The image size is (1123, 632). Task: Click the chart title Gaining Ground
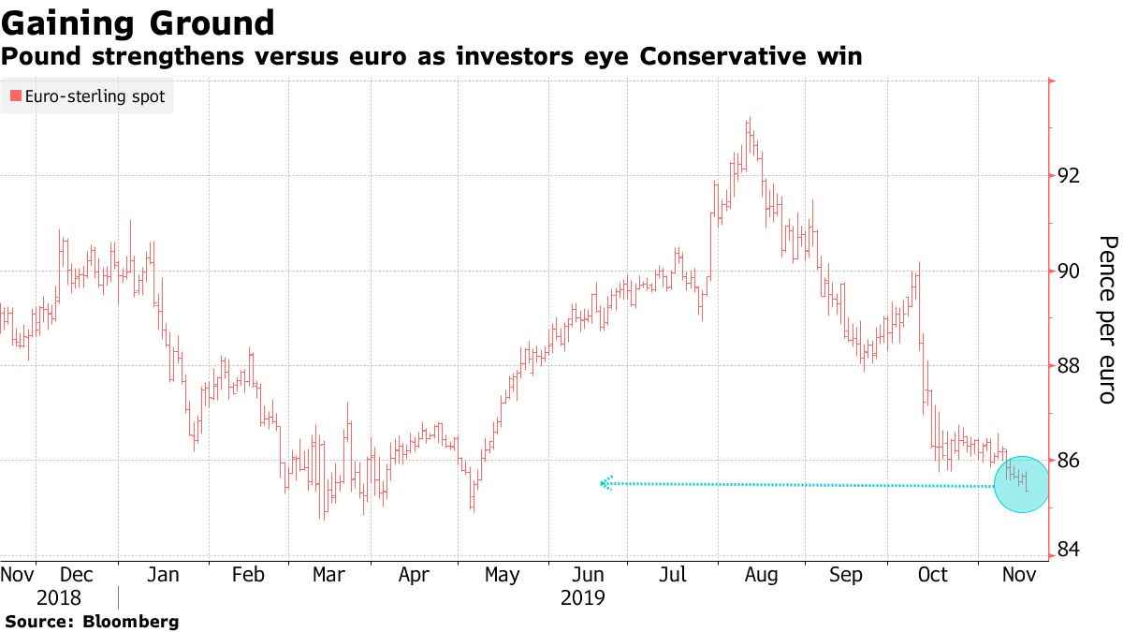tap(138, 22)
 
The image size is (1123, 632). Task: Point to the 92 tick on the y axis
tap(1070, 175)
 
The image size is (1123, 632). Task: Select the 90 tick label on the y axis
tap(1070, 272)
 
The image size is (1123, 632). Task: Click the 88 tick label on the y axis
tap(1070, 365)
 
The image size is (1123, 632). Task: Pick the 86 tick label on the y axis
tap(1070, 461)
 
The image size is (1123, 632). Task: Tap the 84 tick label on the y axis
tap(1070, 548)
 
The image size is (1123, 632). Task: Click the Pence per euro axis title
tap(1107, 319)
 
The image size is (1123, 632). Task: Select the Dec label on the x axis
tap(76, 574)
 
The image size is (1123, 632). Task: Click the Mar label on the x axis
tap(328, 574)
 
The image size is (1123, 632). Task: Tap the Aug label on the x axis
tap(760, 574)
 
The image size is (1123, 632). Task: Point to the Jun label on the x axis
tap(588, 574)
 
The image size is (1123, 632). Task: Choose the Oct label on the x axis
tap(932, 574)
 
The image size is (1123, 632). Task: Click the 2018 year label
tap(59, 597)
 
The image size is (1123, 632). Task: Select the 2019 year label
tap(583, 597)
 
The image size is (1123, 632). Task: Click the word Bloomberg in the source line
tap(131, 621)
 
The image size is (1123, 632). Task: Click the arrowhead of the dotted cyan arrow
tap(606, 483)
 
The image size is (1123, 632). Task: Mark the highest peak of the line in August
tap(749, 119)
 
